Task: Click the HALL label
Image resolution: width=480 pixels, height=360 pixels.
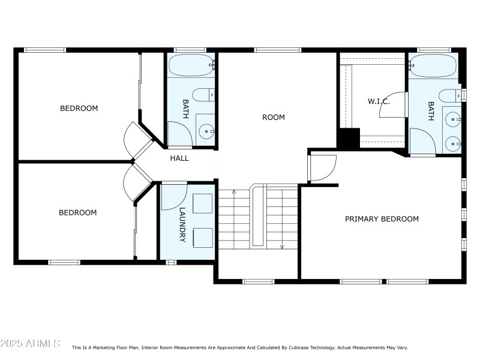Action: pos(179,158)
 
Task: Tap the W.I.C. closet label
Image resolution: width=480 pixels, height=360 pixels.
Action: pos(379,101)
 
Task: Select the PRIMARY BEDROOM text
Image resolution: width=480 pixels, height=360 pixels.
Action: pos(382,219)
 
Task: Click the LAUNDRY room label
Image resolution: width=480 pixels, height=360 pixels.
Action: pos(183,225)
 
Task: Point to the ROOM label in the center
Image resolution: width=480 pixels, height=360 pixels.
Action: pos(274,117)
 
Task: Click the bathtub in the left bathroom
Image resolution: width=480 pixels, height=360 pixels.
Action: pos(190,65)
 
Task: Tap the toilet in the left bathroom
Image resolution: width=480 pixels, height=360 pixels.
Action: pos(206,94)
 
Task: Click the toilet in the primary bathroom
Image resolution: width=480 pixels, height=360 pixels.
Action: pos(450,95)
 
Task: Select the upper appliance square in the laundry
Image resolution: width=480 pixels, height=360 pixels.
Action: pos(202,204)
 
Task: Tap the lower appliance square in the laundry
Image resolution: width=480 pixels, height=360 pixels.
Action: pos(202,238)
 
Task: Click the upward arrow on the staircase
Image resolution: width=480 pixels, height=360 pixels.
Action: pos(234,193)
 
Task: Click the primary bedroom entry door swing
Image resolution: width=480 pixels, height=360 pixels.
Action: pos(322,168)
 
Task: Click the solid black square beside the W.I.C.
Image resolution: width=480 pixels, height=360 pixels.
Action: pos(347,139)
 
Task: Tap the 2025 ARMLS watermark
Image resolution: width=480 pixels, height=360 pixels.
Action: pos(30,344)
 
